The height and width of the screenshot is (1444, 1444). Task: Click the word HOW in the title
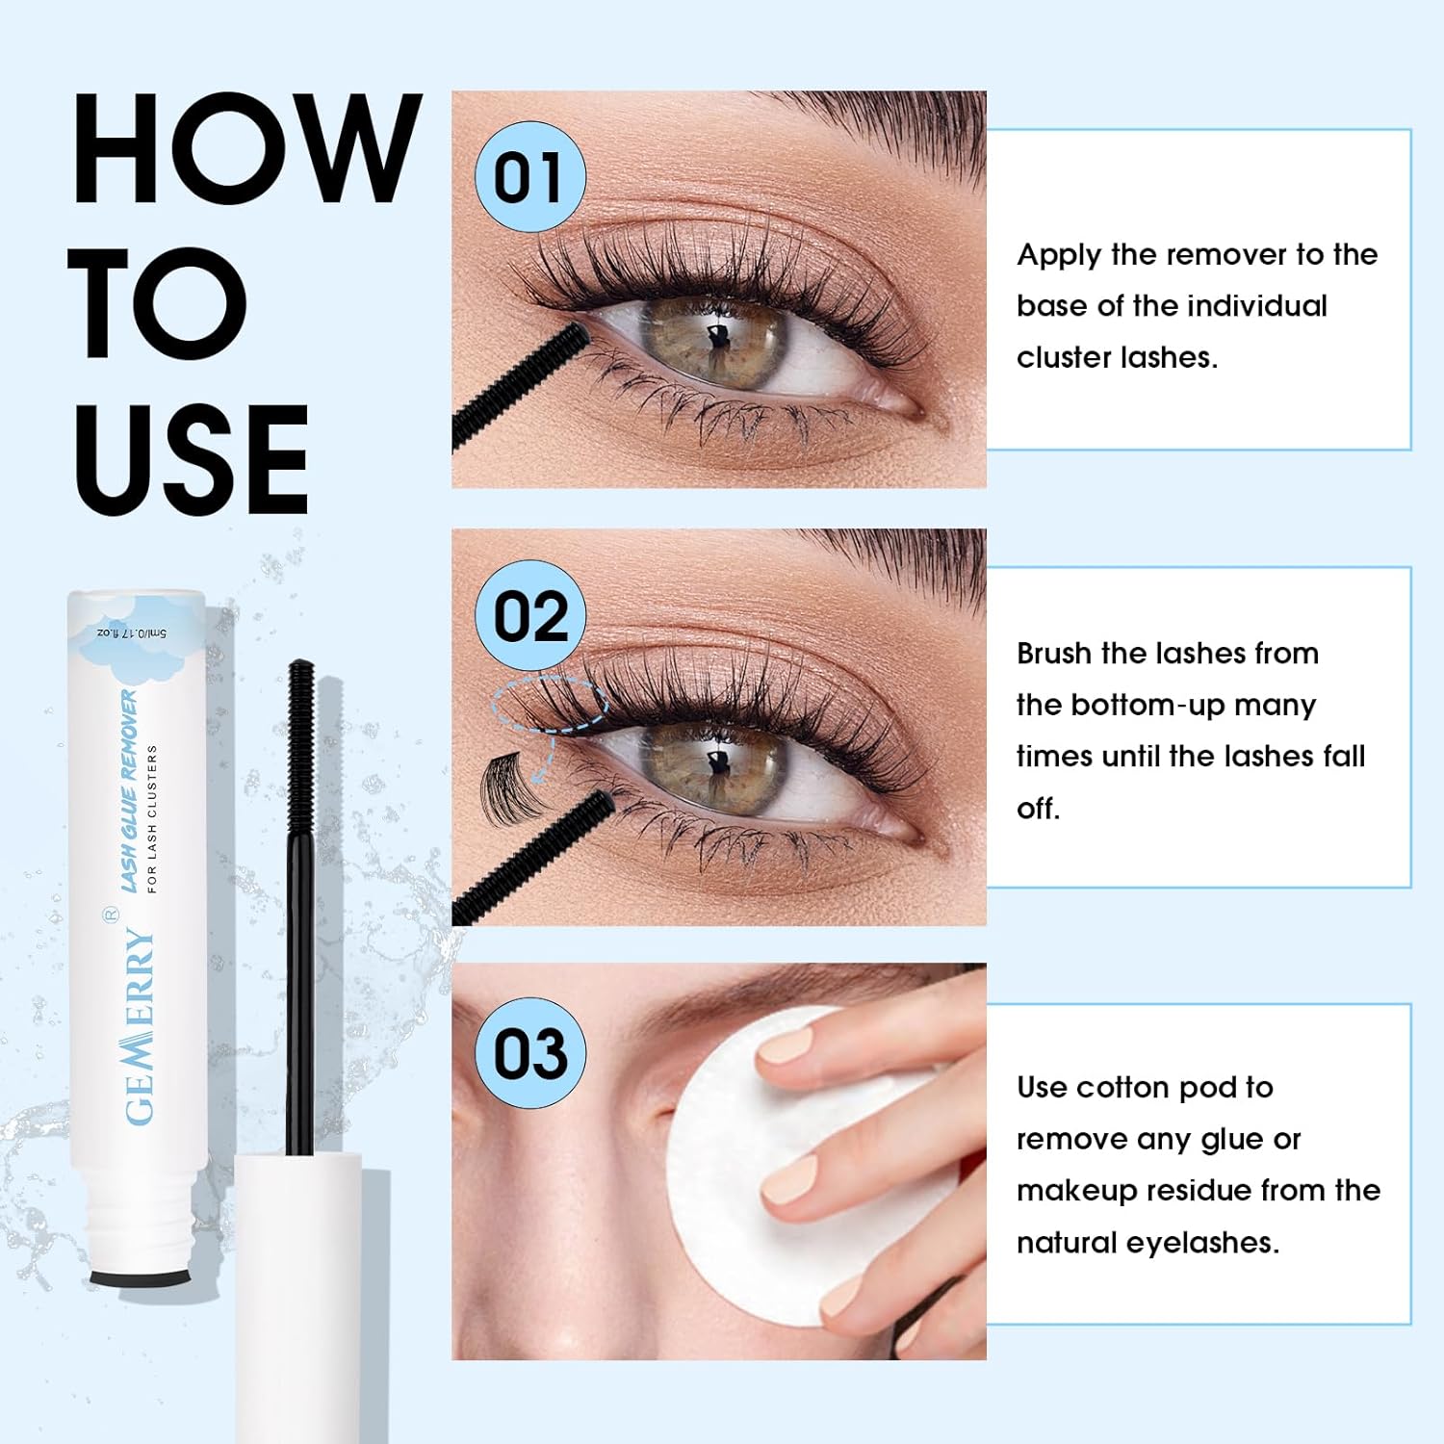[247, 148]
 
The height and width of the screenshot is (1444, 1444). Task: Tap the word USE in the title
[192, 459]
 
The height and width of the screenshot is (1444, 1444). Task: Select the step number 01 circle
[530, 177]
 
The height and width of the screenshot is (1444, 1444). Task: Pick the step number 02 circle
[530, 616]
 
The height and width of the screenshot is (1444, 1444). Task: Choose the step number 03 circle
[530, 1053]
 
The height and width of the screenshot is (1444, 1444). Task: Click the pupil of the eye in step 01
[717, 338]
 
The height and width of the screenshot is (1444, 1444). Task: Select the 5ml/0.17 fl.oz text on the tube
[131, 632]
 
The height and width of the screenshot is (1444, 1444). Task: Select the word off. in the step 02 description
[1038, 808]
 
